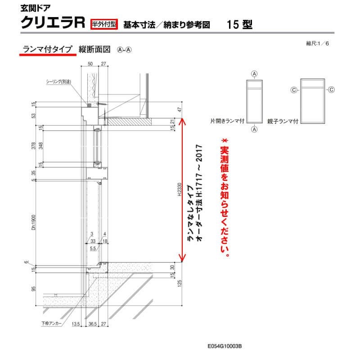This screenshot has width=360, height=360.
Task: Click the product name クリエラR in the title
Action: pyautogui.click(x=53, y=23)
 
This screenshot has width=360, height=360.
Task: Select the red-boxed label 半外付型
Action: pyautogui.click(x=103, y=23)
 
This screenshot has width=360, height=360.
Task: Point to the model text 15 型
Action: pyautogui.click(x=240, y=24)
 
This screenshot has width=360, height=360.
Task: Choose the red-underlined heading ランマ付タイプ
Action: pyautogui.click(x=46, y=49)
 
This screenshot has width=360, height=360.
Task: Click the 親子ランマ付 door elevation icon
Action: pyautogui.click(x=313, y=100)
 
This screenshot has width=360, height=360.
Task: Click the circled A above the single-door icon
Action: pyautogui.click(x=254, y=74)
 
